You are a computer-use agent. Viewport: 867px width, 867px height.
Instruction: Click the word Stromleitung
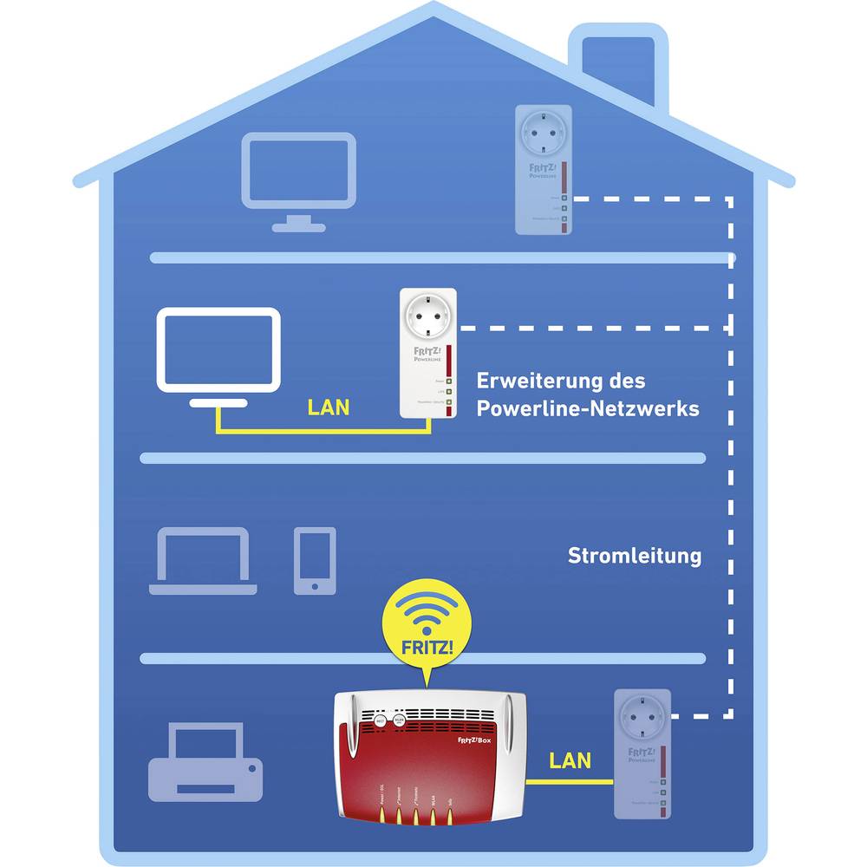pyautogui.click(x=635, y=556)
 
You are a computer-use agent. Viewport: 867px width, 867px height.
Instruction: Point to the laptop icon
pyautogui.click(x=203, y=562)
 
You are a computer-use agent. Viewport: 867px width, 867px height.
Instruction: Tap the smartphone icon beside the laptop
pyautogui.click(x=314, y=561)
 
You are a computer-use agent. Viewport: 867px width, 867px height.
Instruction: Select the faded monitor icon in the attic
pyautogui.click(x=298, y=173)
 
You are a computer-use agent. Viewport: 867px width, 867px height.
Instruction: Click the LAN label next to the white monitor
pyautogui.click(x=329, y=407)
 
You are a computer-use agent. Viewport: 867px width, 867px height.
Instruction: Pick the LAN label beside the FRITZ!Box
pyautogui.click(x=570, y=761)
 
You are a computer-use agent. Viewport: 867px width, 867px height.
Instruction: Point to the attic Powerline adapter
pyautogui.click(x=544, y=169)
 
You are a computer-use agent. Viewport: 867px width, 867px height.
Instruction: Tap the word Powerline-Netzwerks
pyautogui.click(x=588, y=409)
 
